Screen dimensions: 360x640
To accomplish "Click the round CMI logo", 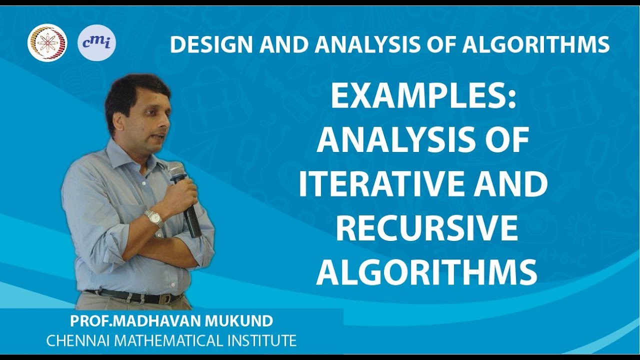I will point(96,42).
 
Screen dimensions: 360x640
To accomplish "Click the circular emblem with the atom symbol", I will point(47,43).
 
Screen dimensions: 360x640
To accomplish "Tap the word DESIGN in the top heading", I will point(201,44).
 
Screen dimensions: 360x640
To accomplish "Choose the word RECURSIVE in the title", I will point(426,228).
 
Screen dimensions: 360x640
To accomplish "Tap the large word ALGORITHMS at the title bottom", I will point(426,272).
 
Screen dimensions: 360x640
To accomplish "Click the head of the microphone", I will point(176,171).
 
